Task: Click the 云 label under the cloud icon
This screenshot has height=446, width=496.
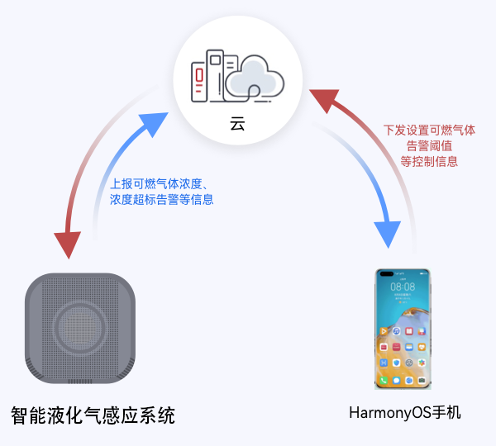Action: (x=237, y=124)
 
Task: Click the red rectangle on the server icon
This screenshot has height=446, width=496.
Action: (x=199, y=75)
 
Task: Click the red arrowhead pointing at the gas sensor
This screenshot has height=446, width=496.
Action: (x=68, y=244)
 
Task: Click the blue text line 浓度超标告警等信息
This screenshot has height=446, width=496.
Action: (x=162, y=199)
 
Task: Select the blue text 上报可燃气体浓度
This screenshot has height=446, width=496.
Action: (x=156, y=183)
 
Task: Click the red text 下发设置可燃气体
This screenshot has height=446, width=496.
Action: (x=429, y=130)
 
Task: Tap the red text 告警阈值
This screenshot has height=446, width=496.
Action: (x=429, y=146)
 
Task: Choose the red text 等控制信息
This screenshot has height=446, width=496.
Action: (x=429, y=162)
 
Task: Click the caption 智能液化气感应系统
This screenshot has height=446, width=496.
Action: (x=93, y=415)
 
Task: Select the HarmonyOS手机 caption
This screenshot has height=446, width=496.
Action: (x=405, y=413)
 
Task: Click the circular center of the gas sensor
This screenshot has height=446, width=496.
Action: (x=80, y=328)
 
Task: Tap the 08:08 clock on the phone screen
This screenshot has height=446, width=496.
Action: (x=403, y=287)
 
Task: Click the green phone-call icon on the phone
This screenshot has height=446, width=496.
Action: (x=384, y=380)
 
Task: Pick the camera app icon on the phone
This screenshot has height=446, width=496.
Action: (x=422, y=380)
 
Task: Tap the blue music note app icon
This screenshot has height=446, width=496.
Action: (x=396, y=331)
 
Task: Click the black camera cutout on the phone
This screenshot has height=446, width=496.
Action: (x=387, y=273)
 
